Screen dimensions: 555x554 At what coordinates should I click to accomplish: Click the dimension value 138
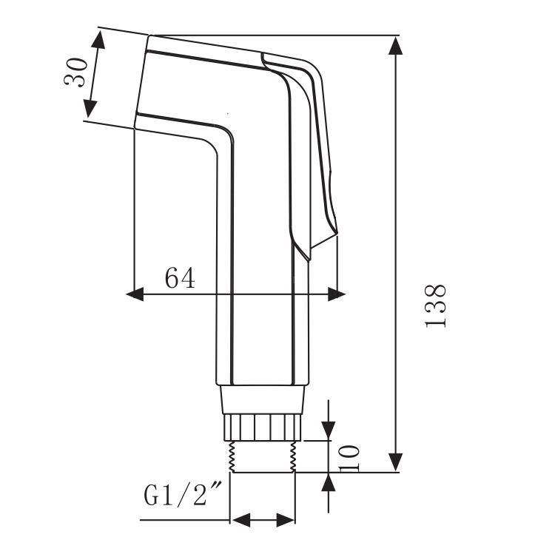(x=436, y=305)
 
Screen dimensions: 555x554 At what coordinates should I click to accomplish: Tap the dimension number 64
(x=180, y=277)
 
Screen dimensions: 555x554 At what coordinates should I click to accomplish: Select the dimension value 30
(x=75, y=72)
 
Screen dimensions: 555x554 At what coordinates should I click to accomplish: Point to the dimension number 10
(x=349, y=458)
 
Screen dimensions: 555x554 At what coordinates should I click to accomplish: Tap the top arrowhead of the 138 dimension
(x=395, y=45)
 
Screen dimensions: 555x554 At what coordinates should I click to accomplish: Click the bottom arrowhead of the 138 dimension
(x=395, y=462)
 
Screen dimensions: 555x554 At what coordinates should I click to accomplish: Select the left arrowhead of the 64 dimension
(x=135, y=294)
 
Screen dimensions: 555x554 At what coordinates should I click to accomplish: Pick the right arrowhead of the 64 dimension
(x=337, y=294)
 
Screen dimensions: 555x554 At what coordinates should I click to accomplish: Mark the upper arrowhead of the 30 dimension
(x=98, y=39)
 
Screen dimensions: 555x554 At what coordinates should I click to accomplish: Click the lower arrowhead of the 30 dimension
(x=90, y=109)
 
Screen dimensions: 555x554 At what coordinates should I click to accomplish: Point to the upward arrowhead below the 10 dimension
(x=329, y=482)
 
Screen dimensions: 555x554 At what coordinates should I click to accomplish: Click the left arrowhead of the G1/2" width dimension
(x=240, y=520)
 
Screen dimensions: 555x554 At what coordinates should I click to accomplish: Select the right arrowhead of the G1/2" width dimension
(x=286, y=520)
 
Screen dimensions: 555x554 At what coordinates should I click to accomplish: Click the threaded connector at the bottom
(x=263, y=456)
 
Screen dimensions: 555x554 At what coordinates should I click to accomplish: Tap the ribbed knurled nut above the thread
(x=263, y=428)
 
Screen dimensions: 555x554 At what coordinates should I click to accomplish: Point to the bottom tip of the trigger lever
(x=309, y=260)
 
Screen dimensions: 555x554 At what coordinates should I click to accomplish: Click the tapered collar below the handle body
(x=262, y=399)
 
